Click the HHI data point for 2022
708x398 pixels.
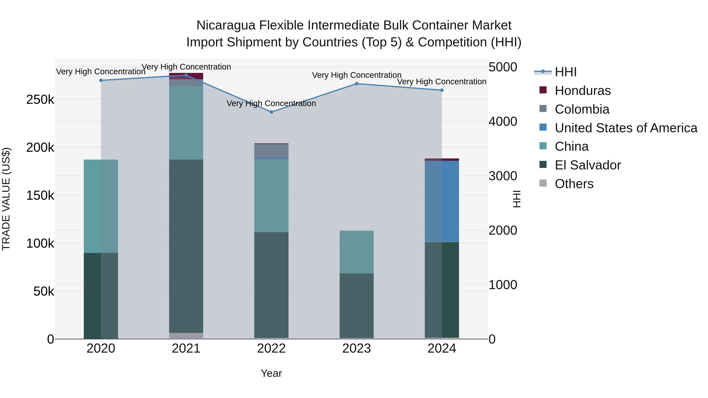(271, 112)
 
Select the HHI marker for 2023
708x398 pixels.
(357, 84)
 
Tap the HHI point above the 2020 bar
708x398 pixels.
(101, 80)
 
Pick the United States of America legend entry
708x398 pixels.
(626, 128)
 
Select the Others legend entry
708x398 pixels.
(574, 184)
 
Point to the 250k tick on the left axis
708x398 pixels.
(40, 100)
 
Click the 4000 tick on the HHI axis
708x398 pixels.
(503, 121)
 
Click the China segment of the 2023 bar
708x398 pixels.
(357, 252)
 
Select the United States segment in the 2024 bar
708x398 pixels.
(442, 201)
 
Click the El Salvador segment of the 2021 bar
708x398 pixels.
(186, 246)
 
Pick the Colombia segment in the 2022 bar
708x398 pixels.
(271, 151)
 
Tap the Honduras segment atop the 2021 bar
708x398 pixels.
(186, 76)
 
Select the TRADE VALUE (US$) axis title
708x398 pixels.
(6, 199)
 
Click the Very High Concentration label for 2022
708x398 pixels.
(271, 104)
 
